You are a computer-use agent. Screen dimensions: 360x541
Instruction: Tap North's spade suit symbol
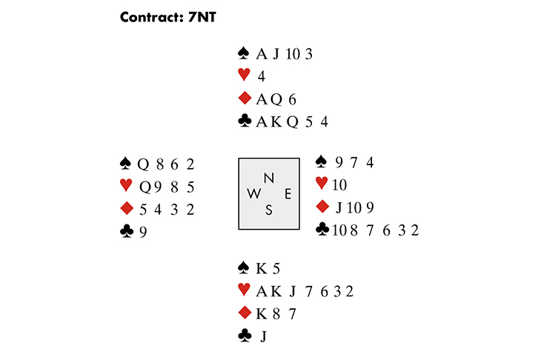click(x=243, y=53)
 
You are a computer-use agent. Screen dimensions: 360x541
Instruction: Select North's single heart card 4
click(x=262, y=76)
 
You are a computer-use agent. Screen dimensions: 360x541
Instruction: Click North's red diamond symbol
click(x=243, y=99)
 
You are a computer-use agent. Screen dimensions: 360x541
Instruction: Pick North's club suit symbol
click(x=243, y=121)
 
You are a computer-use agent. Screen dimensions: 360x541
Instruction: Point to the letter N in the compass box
click(x=269, y=178)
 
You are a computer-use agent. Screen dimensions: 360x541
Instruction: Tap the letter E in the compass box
click(x=288, y=193)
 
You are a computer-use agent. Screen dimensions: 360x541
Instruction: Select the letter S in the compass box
click(x=269, y=210)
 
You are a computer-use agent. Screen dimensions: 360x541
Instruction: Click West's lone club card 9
click(x=142, y=232)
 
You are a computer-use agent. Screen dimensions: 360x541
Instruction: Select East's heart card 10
click(x=339, y=184)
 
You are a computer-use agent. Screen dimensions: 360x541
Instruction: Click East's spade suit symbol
click(x=322, y=161)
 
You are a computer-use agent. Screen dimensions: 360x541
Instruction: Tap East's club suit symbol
click(x=322, y=230)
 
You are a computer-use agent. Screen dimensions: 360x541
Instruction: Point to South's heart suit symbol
click(x=243, y=291)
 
